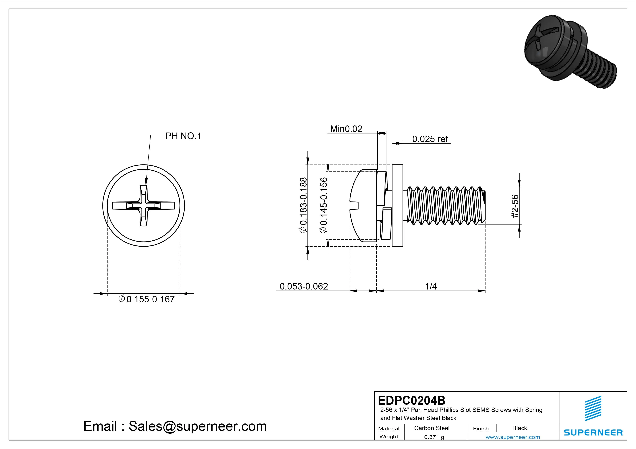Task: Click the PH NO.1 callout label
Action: coord(183,136)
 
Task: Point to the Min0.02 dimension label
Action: coord(346,129)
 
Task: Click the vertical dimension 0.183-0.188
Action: coord(303,205)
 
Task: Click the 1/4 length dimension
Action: coord(431,286)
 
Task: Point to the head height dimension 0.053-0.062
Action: coord(304,286)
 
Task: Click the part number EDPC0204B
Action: coord(412,400)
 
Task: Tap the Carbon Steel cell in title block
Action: coord(431,428)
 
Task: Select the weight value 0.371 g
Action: coord(434,437)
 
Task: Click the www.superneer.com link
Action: coord(513,437)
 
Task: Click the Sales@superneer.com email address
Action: coord(197,426)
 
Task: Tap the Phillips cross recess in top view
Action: coord(143,206)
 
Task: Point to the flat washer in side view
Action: coord(397,205)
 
